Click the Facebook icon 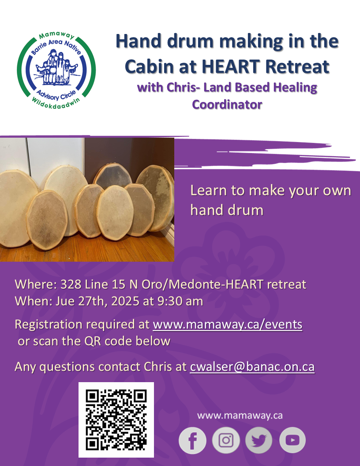(192, 440)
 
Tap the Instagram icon (226, 440)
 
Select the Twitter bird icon (259, 440)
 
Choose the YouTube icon (292, 440)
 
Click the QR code (116, 420)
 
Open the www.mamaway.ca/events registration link (228, 324)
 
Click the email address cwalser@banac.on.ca (252, 367)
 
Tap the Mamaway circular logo (56, 71)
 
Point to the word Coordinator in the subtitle (227, 105)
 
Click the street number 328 (71, 285)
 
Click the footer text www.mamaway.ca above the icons (240, 415)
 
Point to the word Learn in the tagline (208, 191)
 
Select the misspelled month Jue (65, 301)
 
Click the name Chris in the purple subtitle (180, 87)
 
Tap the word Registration (49, 324)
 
